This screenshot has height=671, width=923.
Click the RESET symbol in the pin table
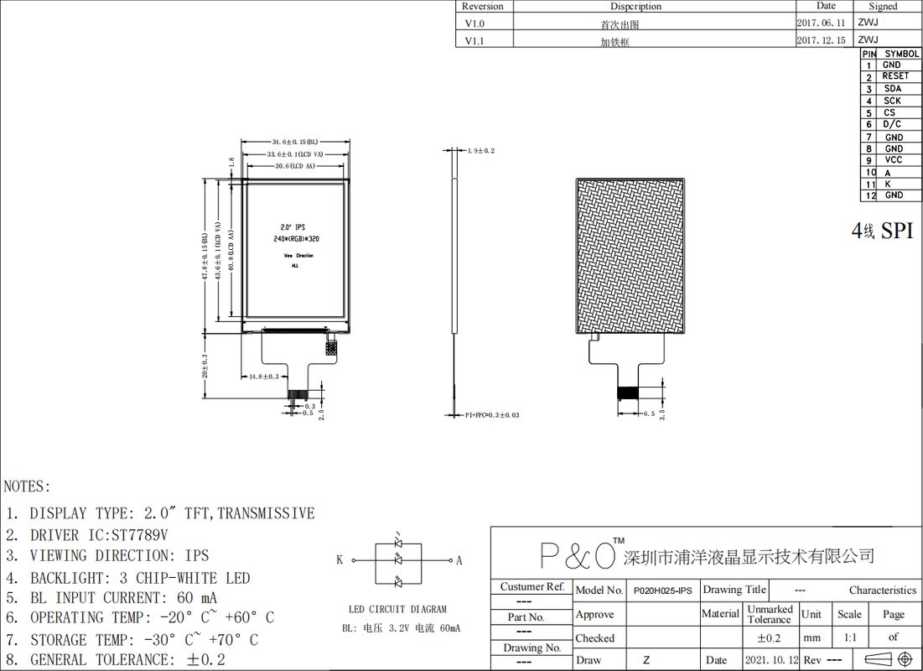pos(894,76)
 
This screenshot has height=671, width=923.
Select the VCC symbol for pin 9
pos(894,159)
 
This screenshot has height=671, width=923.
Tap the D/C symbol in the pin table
pos(892,124)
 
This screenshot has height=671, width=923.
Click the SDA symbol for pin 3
pos(893,88)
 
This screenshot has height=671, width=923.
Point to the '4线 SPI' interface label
pos(882,231)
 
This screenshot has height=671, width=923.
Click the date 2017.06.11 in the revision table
pos(821,23)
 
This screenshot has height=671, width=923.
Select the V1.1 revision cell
pos(474,40)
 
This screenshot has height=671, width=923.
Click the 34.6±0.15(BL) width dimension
pos(294,143)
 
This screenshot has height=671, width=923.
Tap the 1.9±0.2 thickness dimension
pos(481,151)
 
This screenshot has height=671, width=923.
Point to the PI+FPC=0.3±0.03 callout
pos(492,415)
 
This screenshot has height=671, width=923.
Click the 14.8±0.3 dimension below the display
pos(264,377)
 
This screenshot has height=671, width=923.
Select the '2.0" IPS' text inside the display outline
pos(293,227)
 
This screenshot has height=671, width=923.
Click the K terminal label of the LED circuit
pos(340,560)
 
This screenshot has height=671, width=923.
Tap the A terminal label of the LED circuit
pos(459,560)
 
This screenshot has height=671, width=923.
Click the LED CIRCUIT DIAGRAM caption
pos(397,610)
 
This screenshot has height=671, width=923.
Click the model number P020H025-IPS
pos(662,590)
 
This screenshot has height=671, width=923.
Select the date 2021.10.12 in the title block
pos(771,660)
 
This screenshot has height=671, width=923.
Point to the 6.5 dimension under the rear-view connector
pos(649,414)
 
